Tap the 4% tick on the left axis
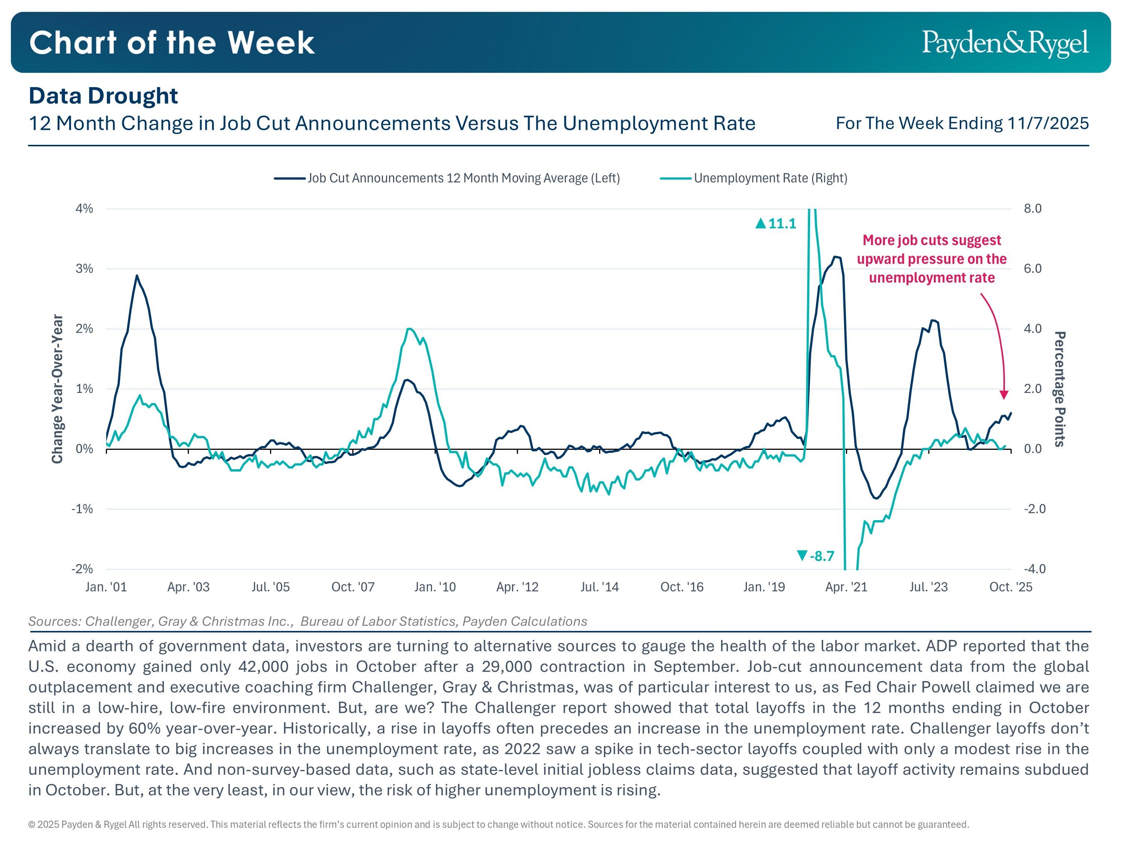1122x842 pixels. tap(84, 208)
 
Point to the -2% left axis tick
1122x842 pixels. tap(82, 568)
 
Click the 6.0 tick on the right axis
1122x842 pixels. tap(1032, 268)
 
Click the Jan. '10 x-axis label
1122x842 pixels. tap(435, 587)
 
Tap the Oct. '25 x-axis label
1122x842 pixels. tap(1011, 587)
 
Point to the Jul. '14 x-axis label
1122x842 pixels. tap(600, 587)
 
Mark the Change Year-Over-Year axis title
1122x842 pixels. tap(57, 389)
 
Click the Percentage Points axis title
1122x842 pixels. tap(1060, 389)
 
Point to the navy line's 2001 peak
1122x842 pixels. tap(137, 275)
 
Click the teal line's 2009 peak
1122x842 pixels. tap(409, 329)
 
